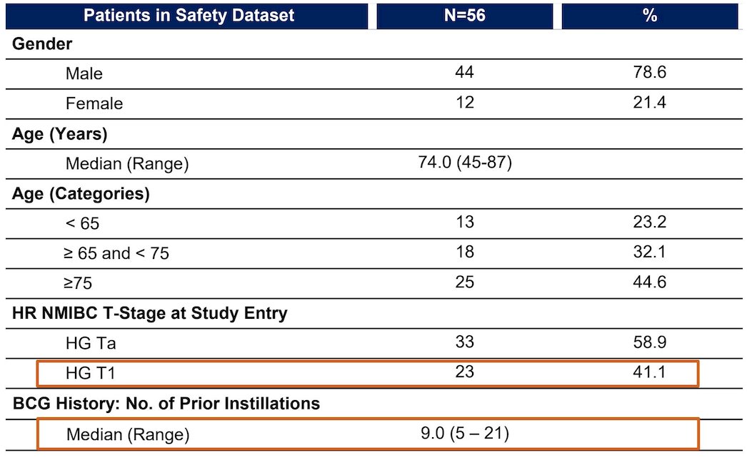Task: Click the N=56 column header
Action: (x=464, y=16)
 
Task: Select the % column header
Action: (x=650, y=16)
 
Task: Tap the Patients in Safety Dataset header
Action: (x=189, y=16)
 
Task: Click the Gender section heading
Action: (x=42, y=44)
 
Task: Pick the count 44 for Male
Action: (x=464, y=72)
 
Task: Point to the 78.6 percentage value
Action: (x=650, y=72)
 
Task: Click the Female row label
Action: (x=94, y=103)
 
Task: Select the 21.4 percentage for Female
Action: (x=650, y=102)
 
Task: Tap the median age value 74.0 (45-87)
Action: (x=465, y=163)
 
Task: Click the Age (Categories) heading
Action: (x=81, y=194)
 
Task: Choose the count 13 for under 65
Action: (x=464, y=223)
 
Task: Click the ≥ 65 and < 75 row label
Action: (x=116, y=253)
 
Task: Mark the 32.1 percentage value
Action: (x=650, y=252)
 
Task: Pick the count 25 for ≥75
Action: (x=464, y=282)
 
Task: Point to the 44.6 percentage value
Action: (x=650, y=282)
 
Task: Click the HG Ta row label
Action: (x=91, y=343)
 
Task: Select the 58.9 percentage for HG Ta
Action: (x=650, y=342)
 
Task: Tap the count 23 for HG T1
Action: (x=464, y=372)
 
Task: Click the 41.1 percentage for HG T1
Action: (x=650, y=372)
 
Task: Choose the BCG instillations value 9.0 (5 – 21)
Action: (x=465, y=433)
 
